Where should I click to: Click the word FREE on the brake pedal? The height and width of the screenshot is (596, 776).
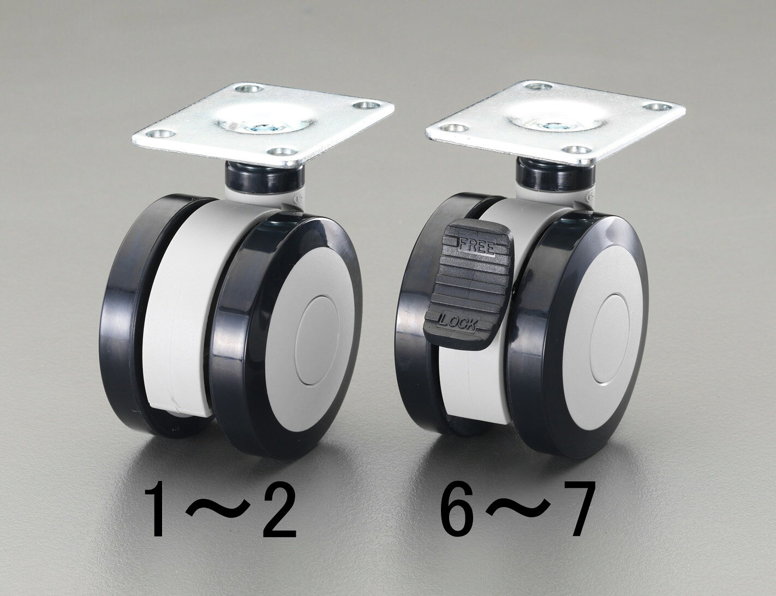[x=476, y=247]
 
